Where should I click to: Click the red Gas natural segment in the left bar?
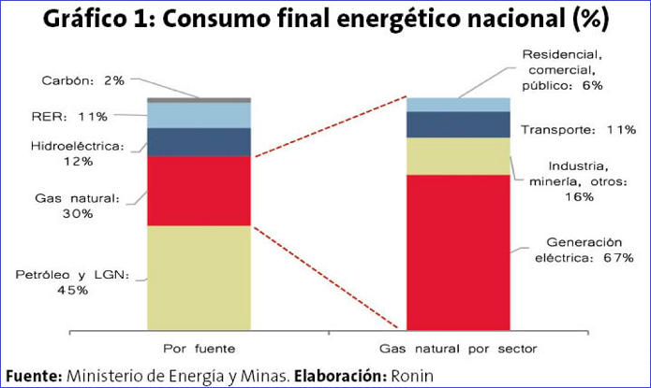(199, 190)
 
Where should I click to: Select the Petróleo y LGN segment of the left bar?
(199, 276)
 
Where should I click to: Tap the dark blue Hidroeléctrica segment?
(199, 141)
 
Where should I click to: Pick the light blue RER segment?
(199, 114)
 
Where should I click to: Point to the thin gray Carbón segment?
(199, 99)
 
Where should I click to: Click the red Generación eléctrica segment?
(456, 251)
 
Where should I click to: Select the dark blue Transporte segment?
(456, 124)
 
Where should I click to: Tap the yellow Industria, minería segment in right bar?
(456, 155)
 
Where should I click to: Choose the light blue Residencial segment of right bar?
(456, 104)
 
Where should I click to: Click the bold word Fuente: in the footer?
(33, 375)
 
